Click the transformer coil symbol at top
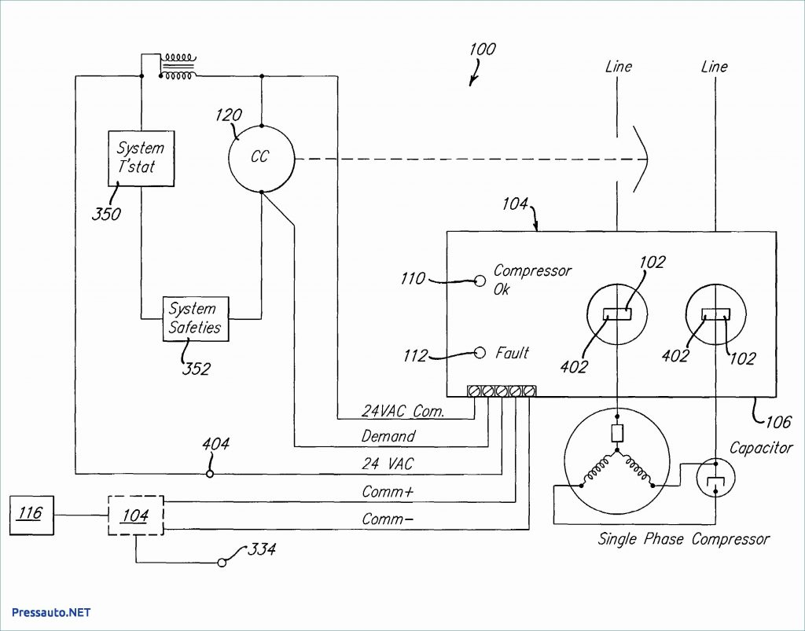177,66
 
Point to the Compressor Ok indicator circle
480,281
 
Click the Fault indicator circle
480,353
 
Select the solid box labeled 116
31,515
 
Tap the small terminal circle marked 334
222,563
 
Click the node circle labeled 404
209,474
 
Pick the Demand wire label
388,437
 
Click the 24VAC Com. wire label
403,410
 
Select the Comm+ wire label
388,491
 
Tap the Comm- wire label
388,519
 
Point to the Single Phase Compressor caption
683,539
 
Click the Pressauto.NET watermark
51,612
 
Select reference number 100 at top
482,50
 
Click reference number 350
106,214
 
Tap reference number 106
777,422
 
